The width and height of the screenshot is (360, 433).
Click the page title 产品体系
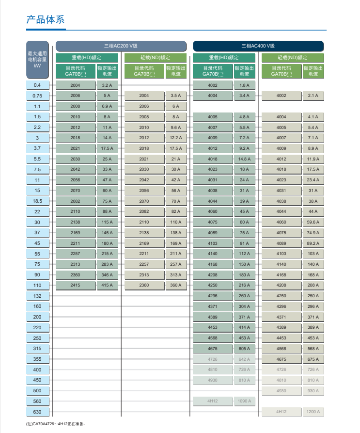click(x=45, y=20)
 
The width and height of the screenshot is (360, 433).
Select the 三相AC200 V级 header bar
click(x=121, y=46)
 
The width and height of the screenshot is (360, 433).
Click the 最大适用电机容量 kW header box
click(x=37, y=60)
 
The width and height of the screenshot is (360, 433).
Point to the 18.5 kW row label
click(x=37, y=201)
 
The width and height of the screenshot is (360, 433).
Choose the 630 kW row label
click(x=37, y=412)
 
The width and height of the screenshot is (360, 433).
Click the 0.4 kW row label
click(x=37, y=85)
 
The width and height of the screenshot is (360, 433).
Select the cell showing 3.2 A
click(x=107, y=85)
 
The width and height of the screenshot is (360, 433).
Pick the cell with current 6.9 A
click(x=107, y=106)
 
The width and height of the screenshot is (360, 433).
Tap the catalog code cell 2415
click(x=75, y=285)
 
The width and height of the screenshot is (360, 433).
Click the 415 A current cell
click(x=107, y=285)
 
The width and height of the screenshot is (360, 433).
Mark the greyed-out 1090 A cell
click(x=244, y=401)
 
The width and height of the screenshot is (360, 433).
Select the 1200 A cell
click(x=313, y=412)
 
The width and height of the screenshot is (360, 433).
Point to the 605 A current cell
click(x=244, y=349)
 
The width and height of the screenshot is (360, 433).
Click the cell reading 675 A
click(x=313, y=359)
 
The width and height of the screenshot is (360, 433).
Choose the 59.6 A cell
click(x=313, y=222)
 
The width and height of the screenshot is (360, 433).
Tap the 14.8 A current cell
click(x=244, y=159)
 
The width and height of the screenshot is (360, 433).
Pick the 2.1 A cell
click(x=313, y=96)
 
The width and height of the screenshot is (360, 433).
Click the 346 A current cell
click(x=107, y=275)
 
